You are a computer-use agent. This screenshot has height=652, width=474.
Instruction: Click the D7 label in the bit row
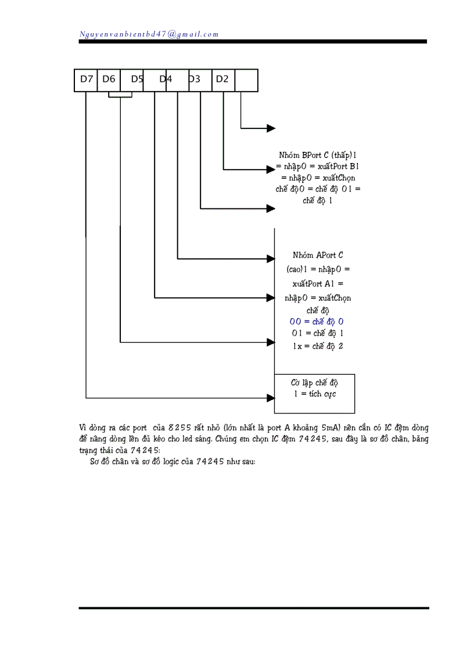[87, 80]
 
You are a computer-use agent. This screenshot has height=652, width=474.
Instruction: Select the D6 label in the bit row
[109, 80]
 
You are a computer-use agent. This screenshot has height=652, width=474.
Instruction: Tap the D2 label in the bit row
[222, 80]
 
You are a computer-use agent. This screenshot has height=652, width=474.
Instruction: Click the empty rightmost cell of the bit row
[246, 80]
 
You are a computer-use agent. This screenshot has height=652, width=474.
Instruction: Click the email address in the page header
[149, 34]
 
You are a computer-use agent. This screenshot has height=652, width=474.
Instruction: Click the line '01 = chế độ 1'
[317, 334]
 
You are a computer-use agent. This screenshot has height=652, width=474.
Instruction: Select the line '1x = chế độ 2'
[317, 346]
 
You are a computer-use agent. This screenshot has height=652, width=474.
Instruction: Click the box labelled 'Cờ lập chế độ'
[314, 393]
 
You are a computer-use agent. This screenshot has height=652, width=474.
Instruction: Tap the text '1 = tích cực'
[315, 394]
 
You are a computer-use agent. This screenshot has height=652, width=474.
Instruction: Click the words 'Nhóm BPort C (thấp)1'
[317, 155]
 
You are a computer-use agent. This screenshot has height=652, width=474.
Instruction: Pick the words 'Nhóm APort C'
[318, 255]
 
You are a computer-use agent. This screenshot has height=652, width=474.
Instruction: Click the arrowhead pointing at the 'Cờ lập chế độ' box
[270, 398]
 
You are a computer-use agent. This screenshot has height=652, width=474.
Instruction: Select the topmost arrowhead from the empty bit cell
[271, 128]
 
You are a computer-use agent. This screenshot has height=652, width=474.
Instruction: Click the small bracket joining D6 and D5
[120, 96]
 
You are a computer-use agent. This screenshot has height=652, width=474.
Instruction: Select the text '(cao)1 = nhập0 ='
[318, 269]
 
